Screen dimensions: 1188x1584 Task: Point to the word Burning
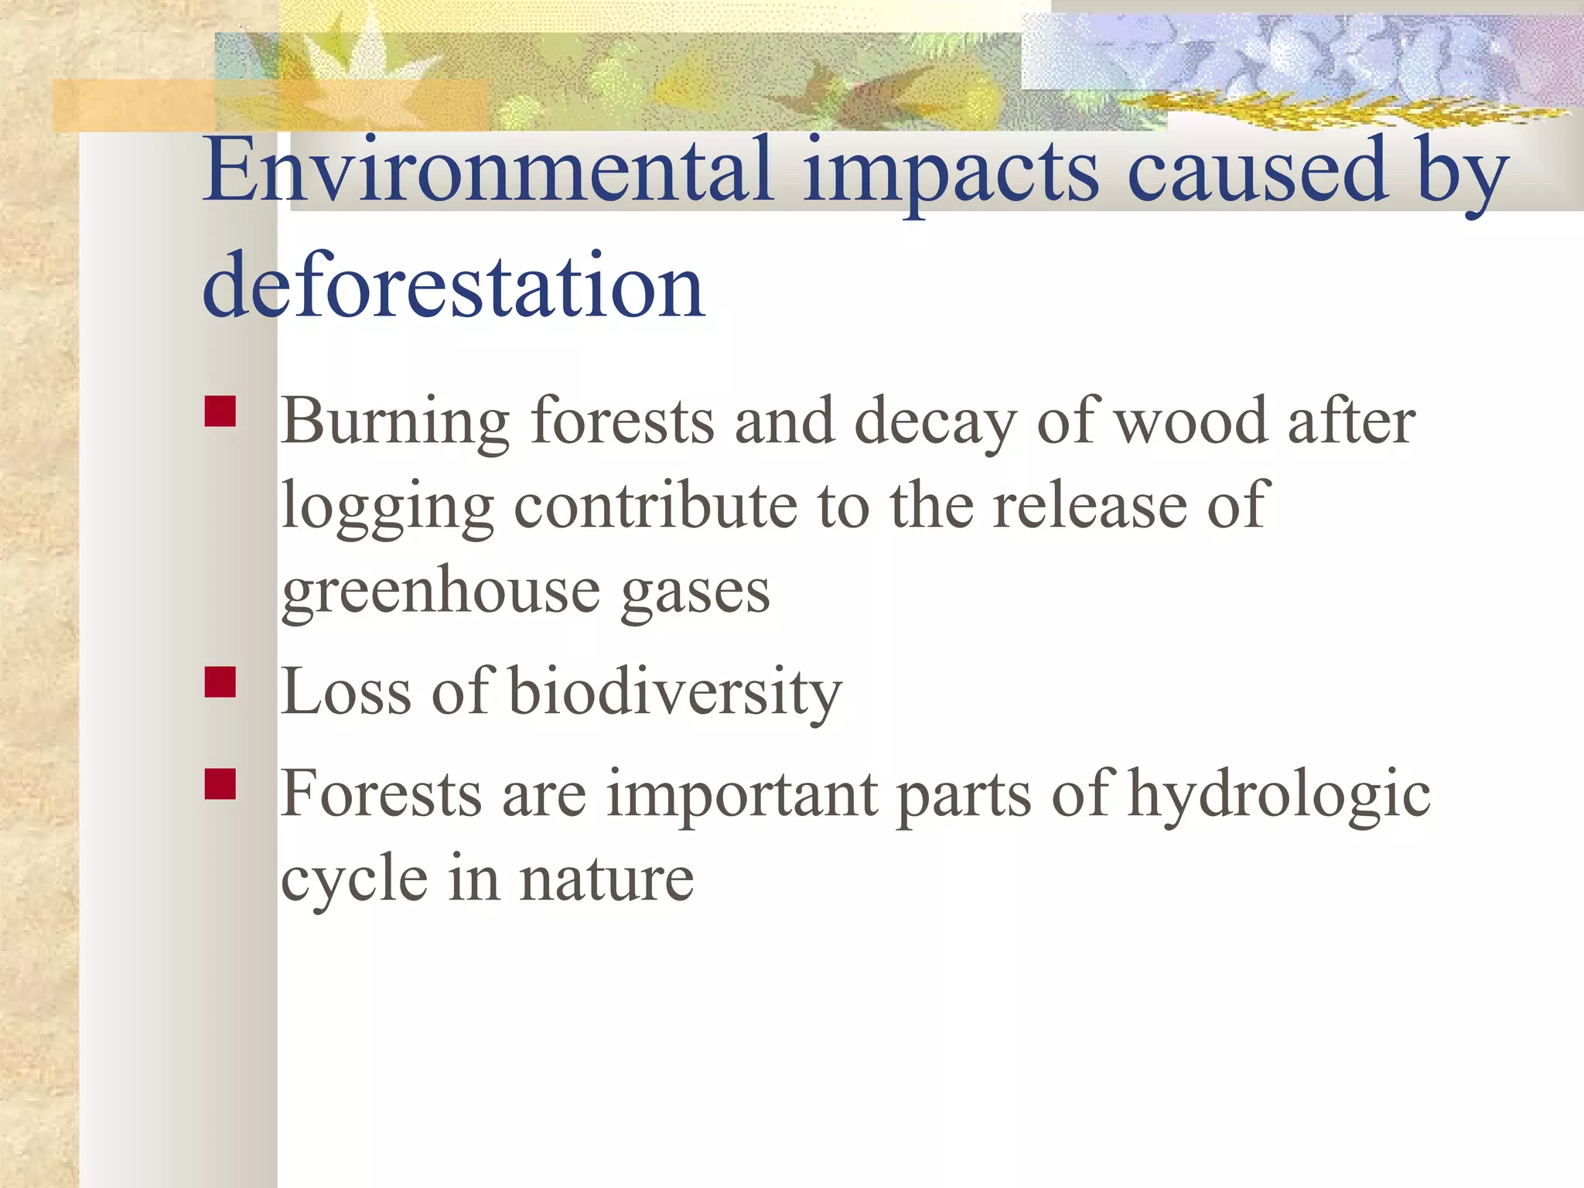click(x=395, y=422)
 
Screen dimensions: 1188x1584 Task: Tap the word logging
click(x=387, y=507)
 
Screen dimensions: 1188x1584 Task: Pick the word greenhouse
click(x=440, y=592)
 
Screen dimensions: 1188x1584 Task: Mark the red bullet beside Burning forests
click(x=220, y=411)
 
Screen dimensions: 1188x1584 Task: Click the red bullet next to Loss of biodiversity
click(x=220, y=682)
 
